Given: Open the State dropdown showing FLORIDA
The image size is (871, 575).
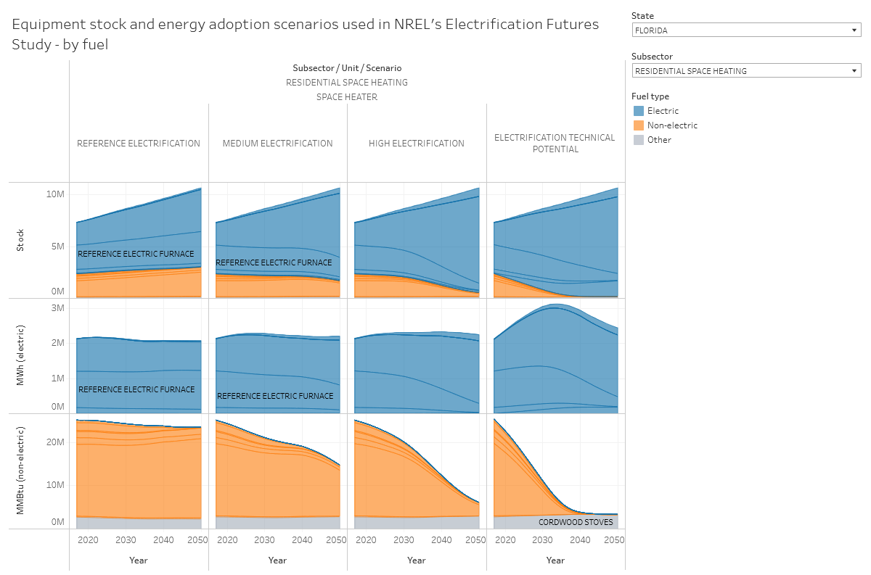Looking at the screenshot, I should pos(746,30).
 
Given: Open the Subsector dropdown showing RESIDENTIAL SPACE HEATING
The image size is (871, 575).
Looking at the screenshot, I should pos(746,71).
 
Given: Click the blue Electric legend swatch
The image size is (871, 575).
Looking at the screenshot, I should pos(639,111).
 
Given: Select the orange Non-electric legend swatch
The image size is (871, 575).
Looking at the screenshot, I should pos(639,125).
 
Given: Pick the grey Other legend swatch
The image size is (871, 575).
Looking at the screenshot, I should pos(639,140).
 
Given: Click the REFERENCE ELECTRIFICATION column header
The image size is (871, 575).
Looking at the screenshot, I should pos(139,144).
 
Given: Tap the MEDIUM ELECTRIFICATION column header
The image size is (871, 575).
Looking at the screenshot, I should pos(277,144).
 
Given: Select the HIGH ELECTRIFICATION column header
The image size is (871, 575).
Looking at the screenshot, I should pos(417,144).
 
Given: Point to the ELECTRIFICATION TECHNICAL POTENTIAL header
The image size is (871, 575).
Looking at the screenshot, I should pos(555,144).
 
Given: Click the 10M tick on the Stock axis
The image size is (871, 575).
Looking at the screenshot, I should pos(56,194).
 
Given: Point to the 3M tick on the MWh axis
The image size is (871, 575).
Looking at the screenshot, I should pos(57,308).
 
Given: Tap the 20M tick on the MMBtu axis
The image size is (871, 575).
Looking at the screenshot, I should pos(56,442).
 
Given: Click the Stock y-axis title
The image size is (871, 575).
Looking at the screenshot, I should pos(20,240).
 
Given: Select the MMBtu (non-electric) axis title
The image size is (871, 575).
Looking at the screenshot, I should pos(20,471).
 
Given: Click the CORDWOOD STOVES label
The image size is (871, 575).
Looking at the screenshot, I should pos(576,522).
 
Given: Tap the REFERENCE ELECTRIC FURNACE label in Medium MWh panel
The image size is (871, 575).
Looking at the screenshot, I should pos(275,396).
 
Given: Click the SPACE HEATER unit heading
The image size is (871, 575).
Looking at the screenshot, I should pos(346,97).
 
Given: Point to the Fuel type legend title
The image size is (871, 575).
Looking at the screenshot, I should pos(650,96).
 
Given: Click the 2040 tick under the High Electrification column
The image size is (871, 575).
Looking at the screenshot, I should pos(441,540).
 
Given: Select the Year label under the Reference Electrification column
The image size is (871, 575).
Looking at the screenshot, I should pos(139,560).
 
